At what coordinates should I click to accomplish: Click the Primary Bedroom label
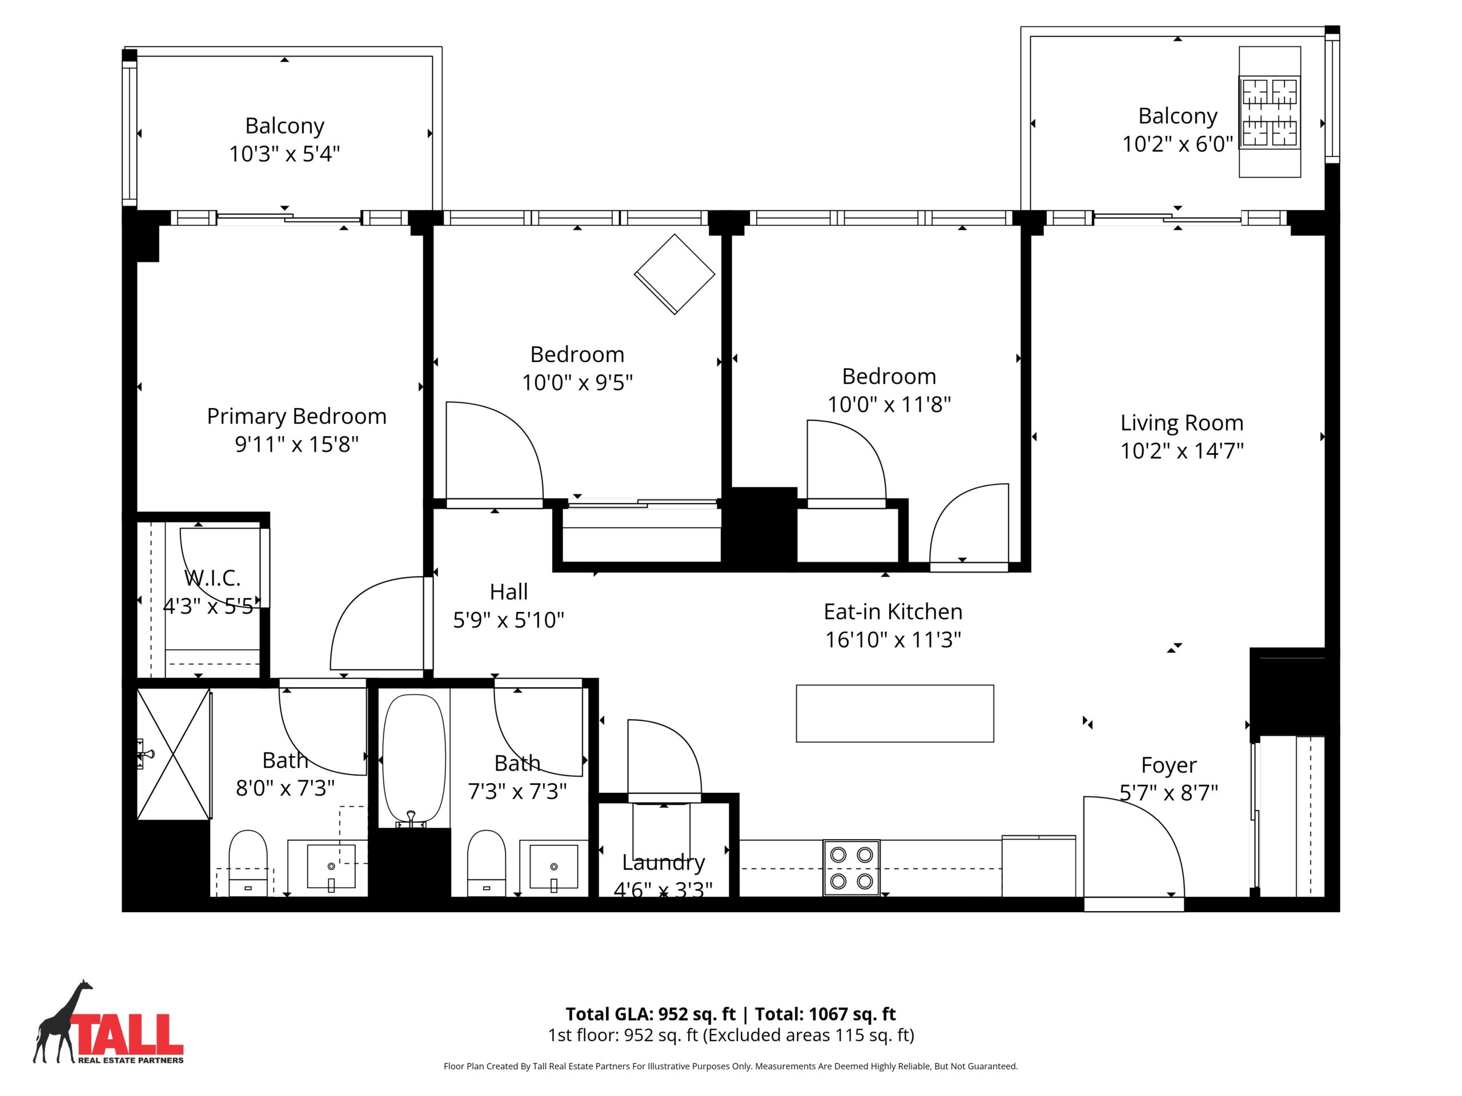[x=297, y=416]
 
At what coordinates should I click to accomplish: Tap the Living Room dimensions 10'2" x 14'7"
[x=1182, y=450]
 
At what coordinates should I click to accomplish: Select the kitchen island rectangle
[x=895, y=714]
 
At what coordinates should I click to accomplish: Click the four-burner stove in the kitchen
[x=852, y=868]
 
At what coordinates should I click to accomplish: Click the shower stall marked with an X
[x=174, y=754]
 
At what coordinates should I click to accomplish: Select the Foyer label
[x=1168, y=765]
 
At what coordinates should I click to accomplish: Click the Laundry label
[x=664, y=862]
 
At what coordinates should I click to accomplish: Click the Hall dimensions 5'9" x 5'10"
[x=508, y=620]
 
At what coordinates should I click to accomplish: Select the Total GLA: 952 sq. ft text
[x=650, y=1014]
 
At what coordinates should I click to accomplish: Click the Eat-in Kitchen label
[x=893, y=612]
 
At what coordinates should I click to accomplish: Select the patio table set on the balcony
[x=1270, y=112]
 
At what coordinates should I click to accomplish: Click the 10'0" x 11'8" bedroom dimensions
[x=889, y=404]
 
